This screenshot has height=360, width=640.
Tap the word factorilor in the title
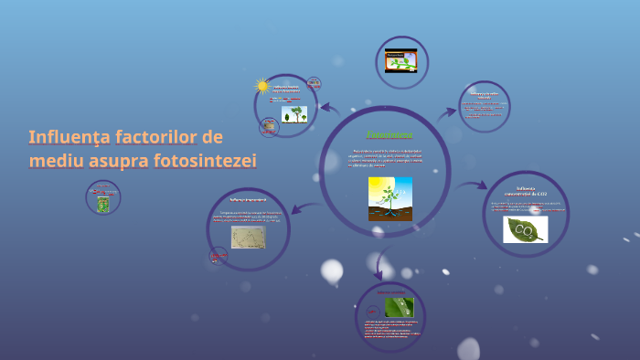[x=156, y=137]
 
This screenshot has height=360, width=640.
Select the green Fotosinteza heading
[x=389, y=135]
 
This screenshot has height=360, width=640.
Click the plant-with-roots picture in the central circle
[x=390, y=198]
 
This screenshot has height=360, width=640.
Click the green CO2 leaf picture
[x=526, y=229]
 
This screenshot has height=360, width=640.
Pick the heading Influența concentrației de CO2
[x=531, y=192]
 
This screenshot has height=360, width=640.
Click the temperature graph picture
[x=249, y=237]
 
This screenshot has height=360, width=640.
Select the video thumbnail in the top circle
[x=401, y=60]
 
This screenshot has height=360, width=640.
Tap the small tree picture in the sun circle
[x=294, y=114]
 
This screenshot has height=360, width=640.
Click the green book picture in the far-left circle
[x=103, y=204]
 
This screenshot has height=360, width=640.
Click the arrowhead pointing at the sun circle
[x=325, y=107]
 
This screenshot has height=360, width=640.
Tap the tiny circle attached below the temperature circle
[x=219, y=255]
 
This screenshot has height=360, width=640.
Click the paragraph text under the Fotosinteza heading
[x=388, y=157]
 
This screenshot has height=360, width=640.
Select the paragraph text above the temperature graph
[x=249, y=217]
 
